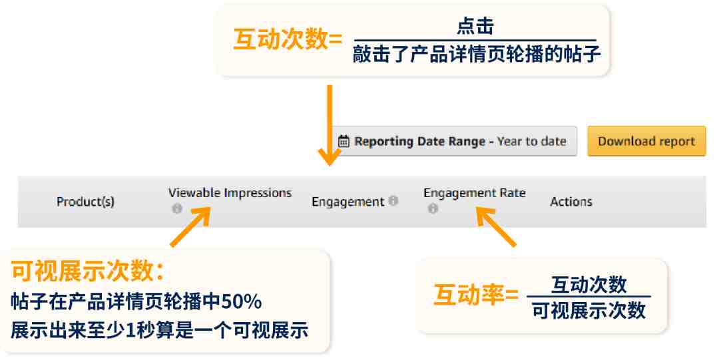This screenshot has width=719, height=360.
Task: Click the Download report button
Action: [x=646, y=141]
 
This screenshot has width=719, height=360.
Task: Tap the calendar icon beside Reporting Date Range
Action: [x=344, y=141]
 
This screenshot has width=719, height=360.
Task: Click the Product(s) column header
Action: [x=85, y=202]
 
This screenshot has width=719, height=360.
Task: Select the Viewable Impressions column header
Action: [x=230, y=193]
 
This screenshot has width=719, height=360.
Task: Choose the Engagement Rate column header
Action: [x=475, y=193]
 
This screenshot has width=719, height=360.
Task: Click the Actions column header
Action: [x=571, y=202]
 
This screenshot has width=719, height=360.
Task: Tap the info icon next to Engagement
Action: [x=393, y=200]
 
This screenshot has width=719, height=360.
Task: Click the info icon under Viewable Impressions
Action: [x=177, y=209]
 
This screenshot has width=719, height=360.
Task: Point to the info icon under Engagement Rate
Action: [x=433, y=209]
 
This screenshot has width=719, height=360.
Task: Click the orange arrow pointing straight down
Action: [x=330, y=124]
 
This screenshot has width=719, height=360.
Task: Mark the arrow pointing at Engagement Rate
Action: [x=496, y=226]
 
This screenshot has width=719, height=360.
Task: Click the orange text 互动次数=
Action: [x=288, y=39]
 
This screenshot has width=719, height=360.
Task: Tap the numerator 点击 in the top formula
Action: [x=475, y=26]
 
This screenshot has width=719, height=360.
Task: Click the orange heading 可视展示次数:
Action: [x=88, y=271]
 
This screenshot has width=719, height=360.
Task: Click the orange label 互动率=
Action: [x=476, y=294]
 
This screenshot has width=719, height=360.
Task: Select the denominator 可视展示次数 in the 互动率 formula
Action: [x=589, y=311]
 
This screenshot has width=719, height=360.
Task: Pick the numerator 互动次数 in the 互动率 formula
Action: [x=589, y=284]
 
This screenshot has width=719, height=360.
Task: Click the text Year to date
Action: [x=531, y=141]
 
